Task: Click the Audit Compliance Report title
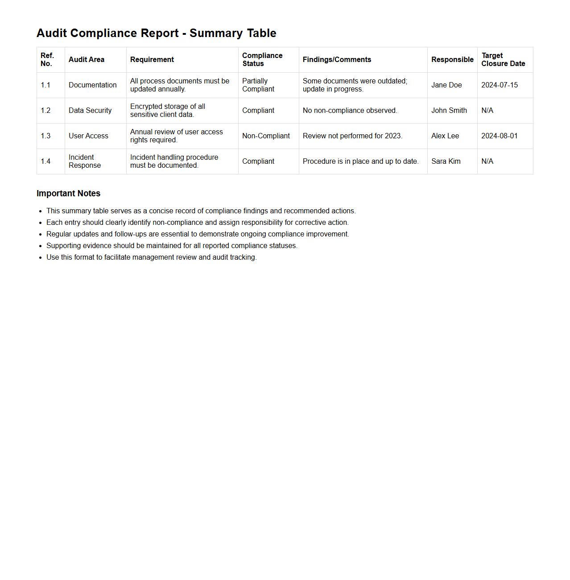coord(156,33)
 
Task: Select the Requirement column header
coord(152,60)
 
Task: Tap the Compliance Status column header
coord(262,60)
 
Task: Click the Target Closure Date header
coord(503,60)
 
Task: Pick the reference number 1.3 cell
coord(45,136)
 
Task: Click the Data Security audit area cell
coord(90,111)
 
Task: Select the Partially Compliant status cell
coord(258,85)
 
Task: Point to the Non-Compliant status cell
coord(266,136)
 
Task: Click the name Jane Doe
coord(446,85)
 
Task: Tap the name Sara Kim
coord(446,162)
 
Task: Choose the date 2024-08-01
coord(500,136)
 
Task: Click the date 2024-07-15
coord(500,85)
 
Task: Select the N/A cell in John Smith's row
coord(487,111)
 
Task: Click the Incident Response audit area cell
coord(85,162)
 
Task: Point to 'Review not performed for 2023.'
coord(352,136)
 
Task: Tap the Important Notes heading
coord(68,194)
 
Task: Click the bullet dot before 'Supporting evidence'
coord(41,246)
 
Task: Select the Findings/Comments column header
coord(337,60)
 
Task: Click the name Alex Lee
coord(445,136)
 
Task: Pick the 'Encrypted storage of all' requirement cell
coord(168,111)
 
